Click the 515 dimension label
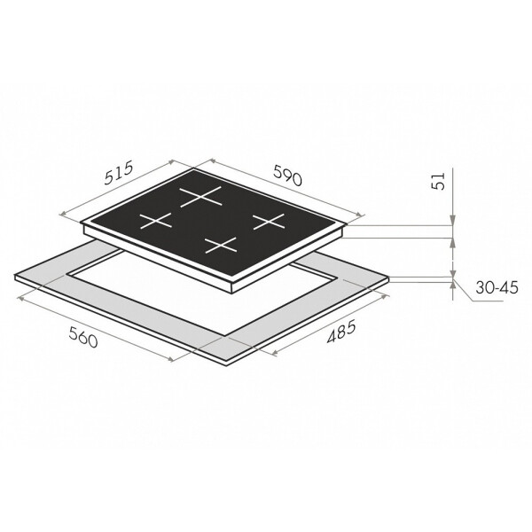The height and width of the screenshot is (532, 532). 117,174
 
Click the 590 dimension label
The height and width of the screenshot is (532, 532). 287,176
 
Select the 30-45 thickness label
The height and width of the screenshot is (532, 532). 497,287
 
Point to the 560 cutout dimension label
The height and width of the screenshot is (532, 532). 83,337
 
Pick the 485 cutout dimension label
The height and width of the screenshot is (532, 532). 341,332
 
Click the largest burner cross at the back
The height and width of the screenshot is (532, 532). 200,196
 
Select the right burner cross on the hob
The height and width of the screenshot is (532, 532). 269,222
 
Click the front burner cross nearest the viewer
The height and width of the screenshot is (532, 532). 221,246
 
